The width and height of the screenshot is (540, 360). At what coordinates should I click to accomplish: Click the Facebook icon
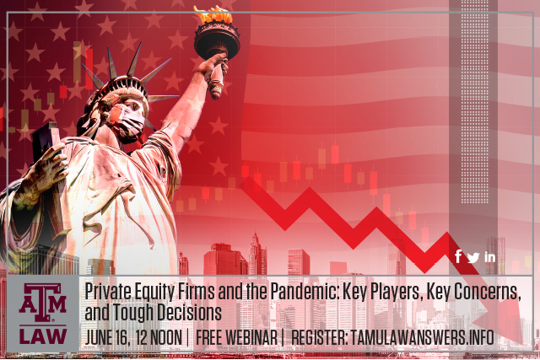coord(458,257)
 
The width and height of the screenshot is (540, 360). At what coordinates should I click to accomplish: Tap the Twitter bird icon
coord(473,257)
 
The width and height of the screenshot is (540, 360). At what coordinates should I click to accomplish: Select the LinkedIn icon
coord(490,257)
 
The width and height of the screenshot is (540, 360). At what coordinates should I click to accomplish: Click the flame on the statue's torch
coord(213,14)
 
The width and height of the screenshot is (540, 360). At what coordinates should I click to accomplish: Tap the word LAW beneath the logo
coord(43,336)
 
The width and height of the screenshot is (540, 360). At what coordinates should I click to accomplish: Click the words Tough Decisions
coord(167,312)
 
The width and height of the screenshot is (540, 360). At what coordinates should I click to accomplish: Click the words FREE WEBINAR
coord(236,337)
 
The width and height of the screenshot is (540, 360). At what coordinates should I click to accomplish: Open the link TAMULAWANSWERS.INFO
coord(422,337)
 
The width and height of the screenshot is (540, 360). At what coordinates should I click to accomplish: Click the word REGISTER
coord(319,337)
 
